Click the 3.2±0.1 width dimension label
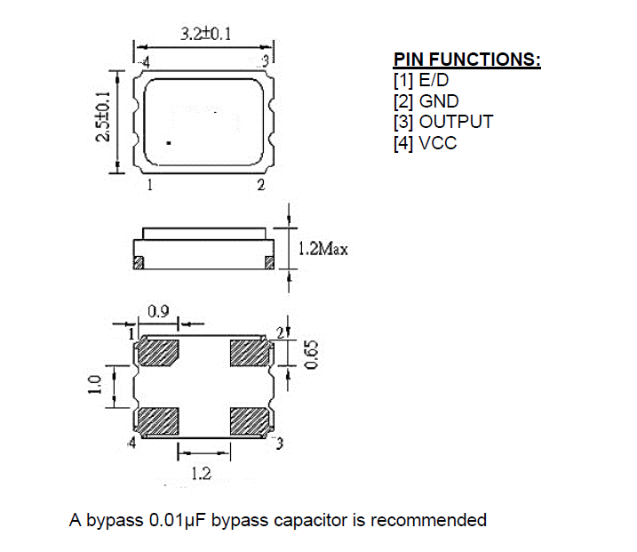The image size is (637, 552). coord(206,34)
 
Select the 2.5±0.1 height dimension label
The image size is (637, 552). coord(103,116)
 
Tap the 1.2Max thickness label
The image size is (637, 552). coord(323,248)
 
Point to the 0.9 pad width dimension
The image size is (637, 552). coord(158,312)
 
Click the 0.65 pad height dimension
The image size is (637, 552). coord(312,355)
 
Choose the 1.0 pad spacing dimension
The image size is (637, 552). coord(94,385)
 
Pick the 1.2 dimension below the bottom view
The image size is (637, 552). coord(201,474)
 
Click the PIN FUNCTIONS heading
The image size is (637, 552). coord(467,60)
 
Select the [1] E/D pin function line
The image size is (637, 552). coord(421,80)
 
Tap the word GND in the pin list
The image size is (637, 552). coord(439,101)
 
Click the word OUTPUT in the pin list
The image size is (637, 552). coord(456,122)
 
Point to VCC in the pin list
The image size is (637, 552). coord(437,143)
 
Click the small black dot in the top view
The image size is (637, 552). coord(169,143)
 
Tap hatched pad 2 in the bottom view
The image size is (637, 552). coord(250,353)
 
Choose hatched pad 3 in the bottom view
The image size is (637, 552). coord(250,421)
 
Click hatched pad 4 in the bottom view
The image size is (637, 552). coord(158,421)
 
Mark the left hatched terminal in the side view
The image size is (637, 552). coord(139,262)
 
